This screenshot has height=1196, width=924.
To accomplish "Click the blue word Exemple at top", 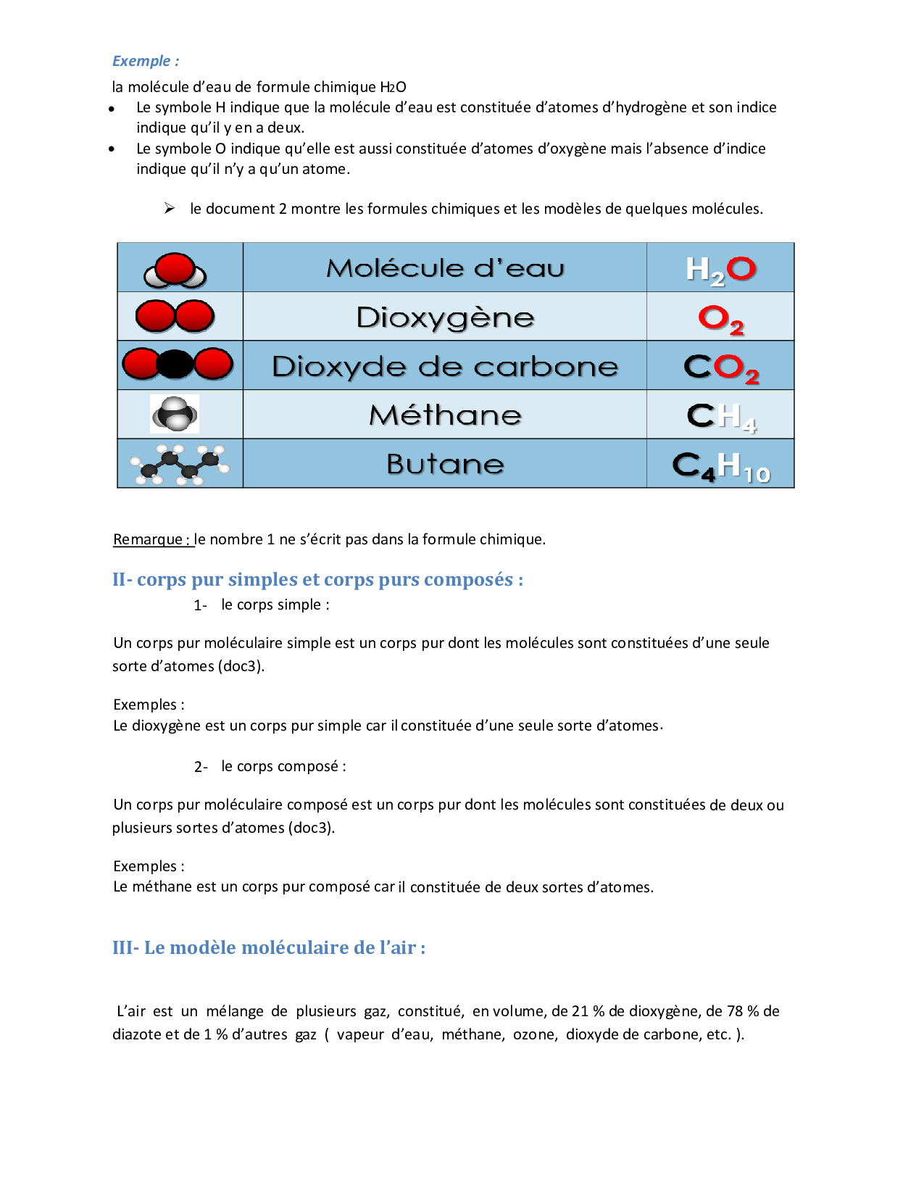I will coord(141,61).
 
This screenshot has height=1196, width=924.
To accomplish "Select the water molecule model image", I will coord(175,271).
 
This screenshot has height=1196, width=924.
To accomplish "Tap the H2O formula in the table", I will coord(720,270).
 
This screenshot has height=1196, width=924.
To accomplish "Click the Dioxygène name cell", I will coord(445,317).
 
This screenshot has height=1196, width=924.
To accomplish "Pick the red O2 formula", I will coord(721,319).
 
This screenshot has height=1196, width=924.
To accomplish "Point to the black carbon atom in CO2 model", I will coord(175,364).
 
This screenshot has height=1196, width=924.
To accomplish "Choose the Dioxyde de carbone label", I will coord(445,367).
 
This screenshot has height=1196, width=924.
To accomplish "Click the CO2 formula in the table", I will coord(721,368).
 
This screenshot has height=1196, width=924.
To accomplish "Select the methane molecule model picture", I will coord(175,415).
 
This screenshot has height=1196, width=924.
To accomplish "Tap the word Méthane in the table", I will coord(445,415).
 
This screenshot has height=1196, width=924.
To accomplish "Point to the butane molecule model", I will coord(179,465).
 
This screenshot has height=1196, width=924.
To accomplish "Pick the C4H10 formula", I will coord(721,466).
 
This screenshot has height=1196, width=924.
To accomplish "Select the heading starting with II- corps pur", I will coord(317,580).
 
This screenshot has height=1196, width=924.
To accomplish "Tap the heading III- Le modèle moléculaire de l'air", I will coord(269,947).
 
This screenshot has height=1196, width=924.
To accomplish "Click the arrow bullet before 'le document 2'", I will coord(170,209).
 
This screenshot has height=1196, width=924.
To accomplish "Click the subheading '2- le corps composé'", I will coord(270,767).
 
